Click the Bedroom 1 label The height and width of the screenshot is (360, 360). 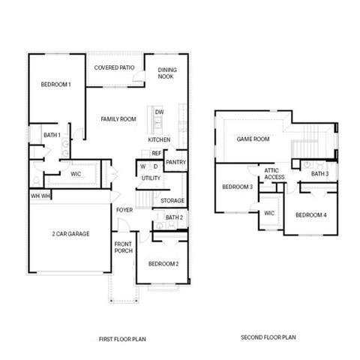(x=55, y=85)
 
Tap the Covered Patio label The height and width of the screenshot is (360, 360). (x=115, y=67)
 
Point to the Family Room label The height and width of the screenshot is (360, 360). (x=118, y=118)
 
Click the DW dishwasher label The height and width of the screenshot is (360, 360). (x=159, y=112)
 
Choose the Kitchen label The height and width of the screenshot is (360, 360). (x=158, y=140)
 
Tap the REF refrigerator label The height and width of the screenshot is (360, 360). (x=156, y=153)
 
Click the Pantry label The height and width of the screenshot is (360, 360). (x=175, y=161)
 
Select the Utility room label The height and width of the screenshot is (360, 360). (x=151, y=178)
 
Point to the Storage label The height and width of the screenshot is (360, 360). (x=172, y=200)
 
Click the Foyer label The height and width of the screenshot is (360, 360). (x=124, y=209)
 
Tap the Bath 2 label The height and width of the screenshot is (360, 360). (x=174, y=217)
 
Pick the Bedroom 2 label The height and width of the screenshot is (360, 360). (x=163, y=264)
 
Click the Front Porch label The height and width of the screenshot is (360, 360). (x=124, y=247)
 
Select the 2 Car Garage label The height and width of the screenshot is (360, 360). (x=70, y=234)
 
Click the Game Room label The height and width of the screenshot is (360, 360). (x=253, y=139)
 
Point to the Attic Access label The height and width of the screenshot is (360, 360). (x=274, y=174)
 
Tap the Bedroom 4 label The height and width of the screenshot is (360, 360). (x=310, y=215)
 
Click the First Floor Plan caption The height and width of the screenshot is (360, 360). (x=122, y=339)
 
